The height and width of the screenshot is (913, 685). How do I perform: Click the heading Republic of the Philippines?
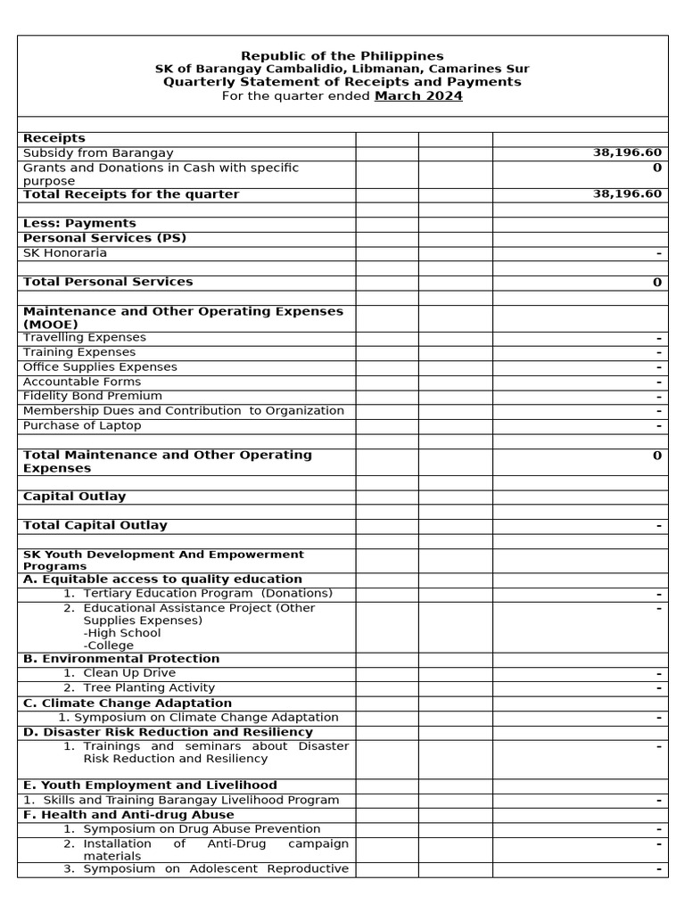coord(342,56)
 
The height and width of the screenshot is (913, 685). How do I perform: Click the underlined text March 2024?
coord(418,96)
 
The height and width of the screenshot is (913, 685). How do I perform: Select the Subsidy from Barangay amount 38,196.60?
coord(627,153)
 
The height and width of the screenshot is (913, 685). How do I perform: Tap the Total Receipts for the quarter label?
coord(131,194)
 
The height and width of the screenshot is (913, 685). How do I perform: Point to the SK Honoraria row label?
coord(65,253)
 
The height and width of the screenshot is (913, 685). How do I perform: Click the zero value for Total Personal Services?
coord(656,283)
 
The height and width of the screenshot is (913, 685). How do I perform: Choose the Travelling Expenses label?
coord(85,338)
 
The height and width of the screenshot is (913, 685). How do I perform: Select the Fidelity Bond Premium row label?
coord(93,396)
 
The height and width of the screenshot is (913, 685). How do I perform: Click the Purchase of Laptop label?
coord(82,425)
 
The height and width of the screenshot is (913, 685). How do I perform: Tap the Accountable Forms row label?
coord(82,382)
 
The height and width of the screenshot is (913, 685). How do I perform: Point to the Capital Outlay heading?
coord(75,497)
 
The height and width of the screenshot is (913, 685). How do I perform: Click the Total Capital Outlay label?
coord(95,526)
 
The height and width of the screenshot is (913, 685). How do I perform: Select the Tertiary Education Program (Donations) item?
coord(207,594)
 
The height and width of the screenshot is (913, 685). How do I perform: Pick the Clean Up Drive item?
coord(129,673)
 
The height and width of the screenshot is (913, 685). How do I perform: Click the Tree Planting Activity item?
coord(149,688)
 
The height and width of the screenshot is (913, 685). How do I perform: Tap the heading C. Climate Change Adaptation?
coord(115,703)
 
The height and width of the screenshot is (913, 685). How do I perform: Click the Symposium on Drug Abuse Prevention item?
coord(215,829)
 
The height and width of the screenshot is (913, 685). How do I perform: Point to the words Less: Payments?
coord(79,224)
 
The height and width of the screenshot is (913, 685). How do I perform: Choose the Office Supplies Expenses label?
coord(100,367)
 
